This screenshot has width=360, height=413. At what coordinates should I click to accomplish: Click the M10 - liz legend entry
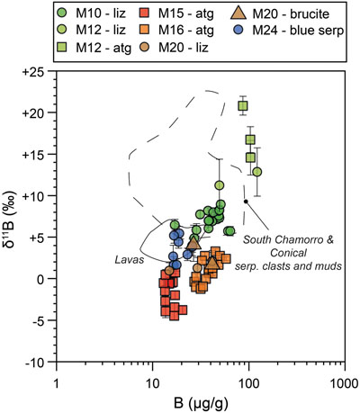point(91,13)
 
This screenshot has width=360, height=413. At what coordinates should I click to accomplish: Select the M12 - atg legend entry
point(94,48)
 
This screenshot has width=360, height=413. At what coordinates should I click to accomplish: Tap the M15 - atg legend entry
point(176,13)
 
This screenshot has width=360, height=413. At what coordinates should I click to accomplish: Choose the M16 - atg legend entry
point(176,30)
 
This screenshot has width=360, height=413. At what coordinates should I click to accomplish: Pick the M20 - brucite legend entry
point(280,13)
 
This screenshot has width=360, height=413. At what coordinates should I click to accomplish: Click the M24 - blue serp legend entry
point(289,31)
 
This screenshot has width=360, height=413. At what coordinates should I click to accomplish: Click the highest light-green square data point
point(243,106)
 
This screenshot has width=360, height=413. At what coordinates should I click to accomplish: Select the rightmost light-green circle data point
point(257,172)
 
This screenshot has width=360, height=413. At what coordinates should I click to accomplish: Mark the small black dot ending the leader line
point(246,202)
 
